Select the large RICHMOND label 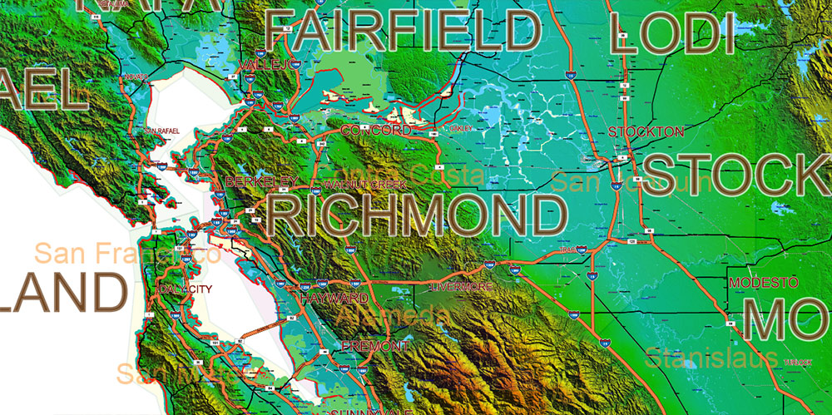pyautogui.click(x=418, y=215)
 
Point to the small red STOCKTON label pyautogui.click(x=646, y=131)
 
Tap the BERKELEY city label pyautogui.click(x=261, y=180)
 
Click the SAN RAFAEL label pyautogui.click(x=162, y=131)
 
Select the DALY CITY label pyautogui.click(x=190, y=288)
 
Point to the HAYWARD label pyautogui.click(x=334, y=298)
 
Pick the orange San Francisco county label pyautogui.click(x=127, y=254)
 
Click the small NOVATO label pyautogui.click(x=137, y=77)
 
